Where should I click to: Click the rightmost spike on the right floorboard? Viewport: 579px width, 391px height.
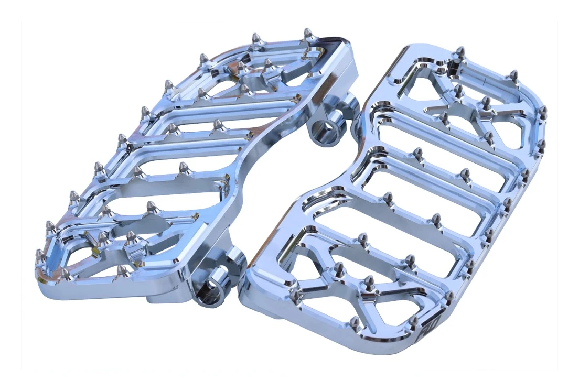pyautogui.click(x=542, y=111)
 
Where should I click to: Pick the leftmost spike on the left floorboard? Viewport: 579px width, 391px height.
pyautogui.click(x=40, y=255)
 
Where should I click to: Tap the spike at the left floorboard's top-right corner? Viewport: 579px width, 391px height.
pyautogui.click(x=308, y=34)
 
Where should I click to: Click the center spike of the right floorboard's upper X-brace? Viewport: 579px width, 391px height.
pyautogui.click(x=486, y=102)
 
